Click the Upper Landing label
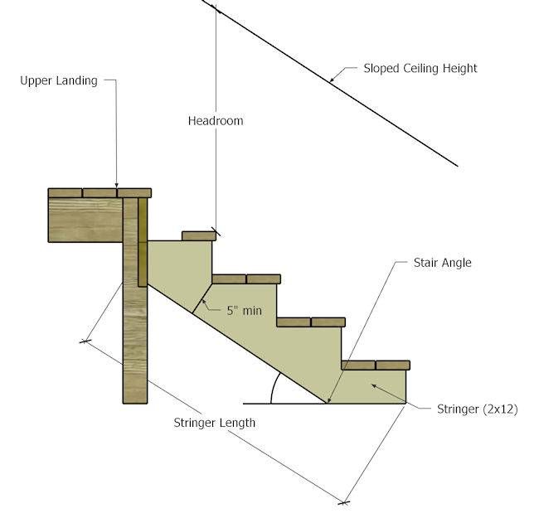click(59, 80)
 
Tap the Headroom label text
click(216, 120)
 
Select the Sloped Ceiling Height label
click(420, 68)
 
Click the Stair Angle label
click(443, 263)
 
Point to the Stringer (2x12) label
click(477, 409)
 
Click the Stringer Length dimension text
click(215, 423)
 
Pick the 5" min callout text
click(244, 311)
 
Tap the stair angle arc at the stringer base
click(274, 388)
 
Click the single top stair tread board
click(199, 236)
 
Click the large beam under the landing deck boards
click(85, 220)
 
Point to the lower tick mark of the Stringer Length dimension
click(343, 503)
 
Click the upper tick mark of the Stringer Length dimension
click(85, 341)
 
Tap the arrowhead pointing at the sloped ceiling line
click(332, 80)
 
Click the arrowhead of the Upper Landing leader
click(117, 186)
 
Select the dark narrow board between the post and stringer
click(143, 242)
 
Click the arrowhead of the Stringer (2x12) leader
click(374, 386)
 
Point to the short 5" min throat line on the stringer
click(202, 298)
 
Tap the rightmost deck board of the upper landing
click(134, 193)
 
